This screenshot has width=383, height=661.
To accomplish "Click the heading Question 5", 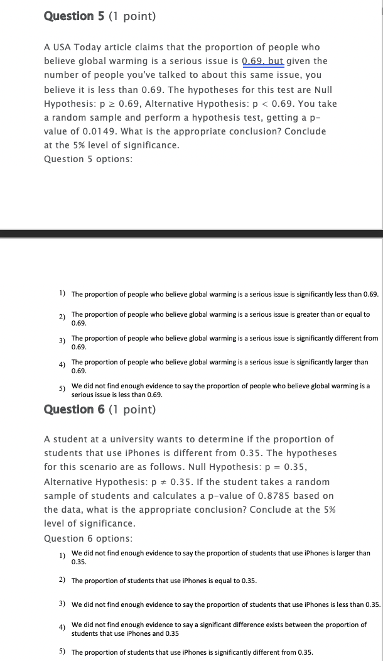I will pos(74,16).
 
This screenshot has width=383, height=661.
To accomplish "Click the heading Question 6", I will pos(74,410).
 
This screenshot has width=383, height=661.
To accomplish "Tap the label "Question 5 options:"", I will pos(88,159).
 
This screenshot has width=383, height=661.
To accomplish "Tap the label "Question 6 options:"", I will pos(88,538).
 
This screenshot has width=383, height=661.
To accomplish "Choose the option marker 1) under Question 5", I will pos(63,293).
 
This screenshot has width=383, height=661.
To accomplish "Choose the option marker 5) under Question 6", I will pos(63,652).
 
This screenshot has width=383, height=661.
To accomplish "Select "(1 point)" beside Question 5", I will pos(132,16).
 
